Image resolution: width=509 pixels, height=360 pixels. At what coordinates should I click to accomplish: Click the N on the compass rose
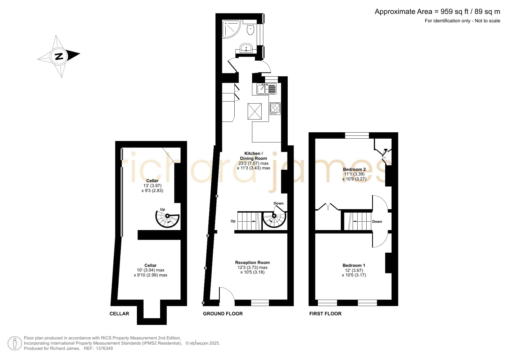click(x=59, y=56)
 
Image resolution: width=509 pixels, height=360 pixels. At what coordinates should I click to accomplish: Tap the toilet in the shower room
click(x=250, y=29)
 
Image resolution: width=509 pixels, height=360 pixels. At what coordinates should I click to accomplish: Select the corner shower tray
click(x=231, y=29)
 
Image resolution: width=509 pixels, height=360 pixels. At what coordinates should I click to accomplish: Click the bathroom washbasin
click(x=247, y=48)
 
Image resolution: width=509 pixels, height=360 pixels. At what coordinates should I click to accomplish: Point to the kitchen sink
click(x=267, y=89)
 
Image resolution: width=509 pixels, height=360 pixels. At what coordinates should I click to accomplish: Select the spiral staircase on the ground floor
click(x=274, y=219)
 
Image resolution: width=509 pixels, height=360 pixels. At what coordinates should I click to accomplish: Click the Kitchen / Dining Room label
click(x=253, y=156)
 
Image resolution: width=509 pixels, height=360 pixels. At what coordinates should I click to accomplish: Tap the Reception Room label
click(x=252, y=263)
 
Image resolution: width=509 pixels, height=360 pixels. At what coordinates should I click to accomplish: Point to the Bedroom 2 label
click(x=354, y=169)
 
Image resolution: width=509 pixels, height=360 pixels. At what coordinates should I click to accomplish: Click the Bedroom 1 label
click(x=354, y=265)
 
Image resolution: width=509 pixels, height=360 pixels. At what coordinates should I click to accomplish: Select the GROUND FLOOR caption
click(x=223, y=314)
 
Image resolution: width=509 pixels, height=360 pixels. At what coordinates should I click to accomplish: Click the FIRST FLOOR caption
click(x=325, y=314)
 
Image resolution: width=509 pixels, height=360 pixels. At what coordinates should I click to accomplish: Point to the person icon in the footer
click(x=15, y=343)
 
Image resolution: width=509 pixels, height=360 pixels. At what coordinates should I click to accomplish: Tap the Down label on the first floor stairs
click(x=377, y=222)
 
